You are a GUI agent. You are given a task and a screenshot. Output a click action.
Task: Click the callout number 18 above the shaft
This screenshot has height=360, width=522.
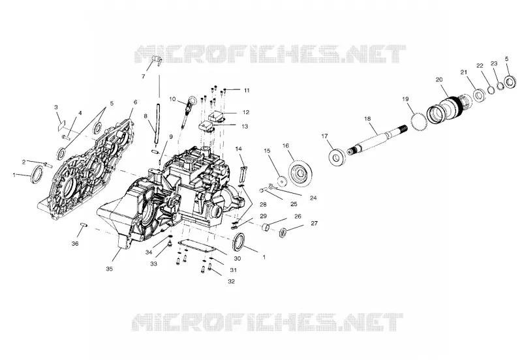pyautogui.click(x=367, y=119)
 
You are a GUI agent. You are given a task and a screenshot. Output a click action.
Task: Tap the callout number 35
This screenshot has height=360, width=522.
pyautogui.click(x=109, y=269)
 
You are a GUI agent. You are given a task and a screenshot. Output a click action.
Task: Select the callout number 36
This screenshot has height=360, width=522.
pyautogui.click(x=75, y=243)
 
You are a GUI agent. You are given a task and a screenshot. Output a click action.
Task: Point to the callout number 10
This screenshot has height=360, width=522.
pyautogui.click(x=172, y=99)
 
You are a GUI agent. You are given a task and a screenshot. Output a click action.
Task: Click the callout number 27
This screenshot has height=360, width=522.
pyautogui.click(x=315, y=223)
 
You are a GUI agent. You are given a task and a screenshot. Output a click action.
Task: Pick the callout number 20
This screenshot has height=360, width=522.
pyautogui.click(x=439, y=80)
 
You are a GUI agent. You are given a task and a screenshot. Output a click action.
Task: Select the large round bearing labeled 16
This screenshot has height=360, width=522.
pyautogui.click(x=301, y=173)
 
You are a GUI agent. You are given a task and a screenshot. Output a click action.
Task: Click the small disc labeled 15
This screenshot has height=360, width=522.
pyautogui.click(x=283, y=181)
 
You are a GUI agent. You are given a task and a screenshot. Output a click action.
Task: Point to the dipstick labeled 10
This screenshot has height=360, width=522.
pyautogui.click(x=187, y=112)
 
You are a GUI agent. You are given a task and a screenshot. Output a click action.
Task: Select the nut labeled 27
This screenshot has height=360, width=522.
pyautogui.click(x=283, y=232)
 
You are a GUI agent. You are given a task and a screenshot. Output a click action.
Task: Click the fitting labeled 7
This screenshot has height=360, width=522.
pyautogui.click(x=156, y=61)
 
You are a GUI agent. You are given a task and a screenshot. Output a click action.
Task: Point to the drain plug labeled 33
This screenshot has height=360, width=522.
pyautogui.click(x=170, y=245)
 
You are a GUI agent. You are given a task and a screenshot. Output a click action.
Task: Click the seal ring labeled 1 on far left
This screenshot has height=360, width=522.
pyautogui.click(x=37, y=174)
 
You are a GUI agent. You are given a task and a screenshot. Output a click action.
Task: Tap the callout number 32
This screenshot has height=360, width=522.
pyautogui.click(x=232, y=282)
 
